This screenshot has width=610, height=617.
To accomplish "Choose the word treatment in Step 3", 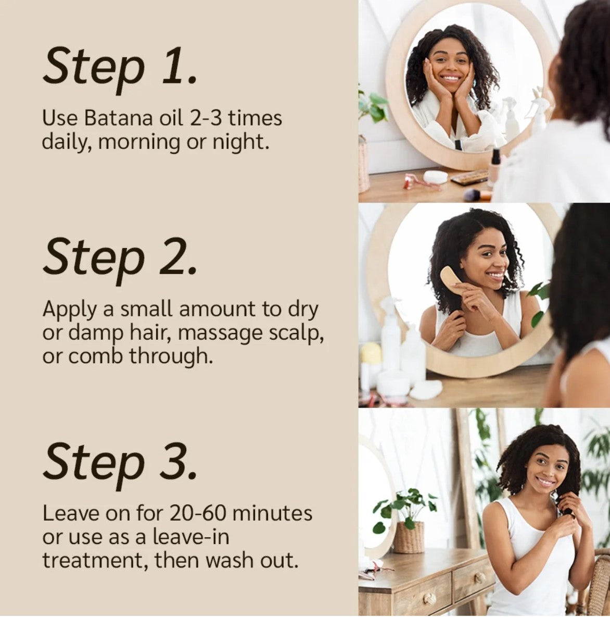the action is (94, 560).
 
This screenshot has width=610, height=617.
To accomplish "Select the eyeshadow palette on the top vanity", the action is (469, 178).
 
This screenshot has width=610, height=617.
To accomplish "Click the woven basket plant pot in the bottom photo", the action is (409, 537).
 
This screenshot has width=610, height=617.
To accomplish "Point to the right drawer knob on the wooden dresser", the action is (479, 577).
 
